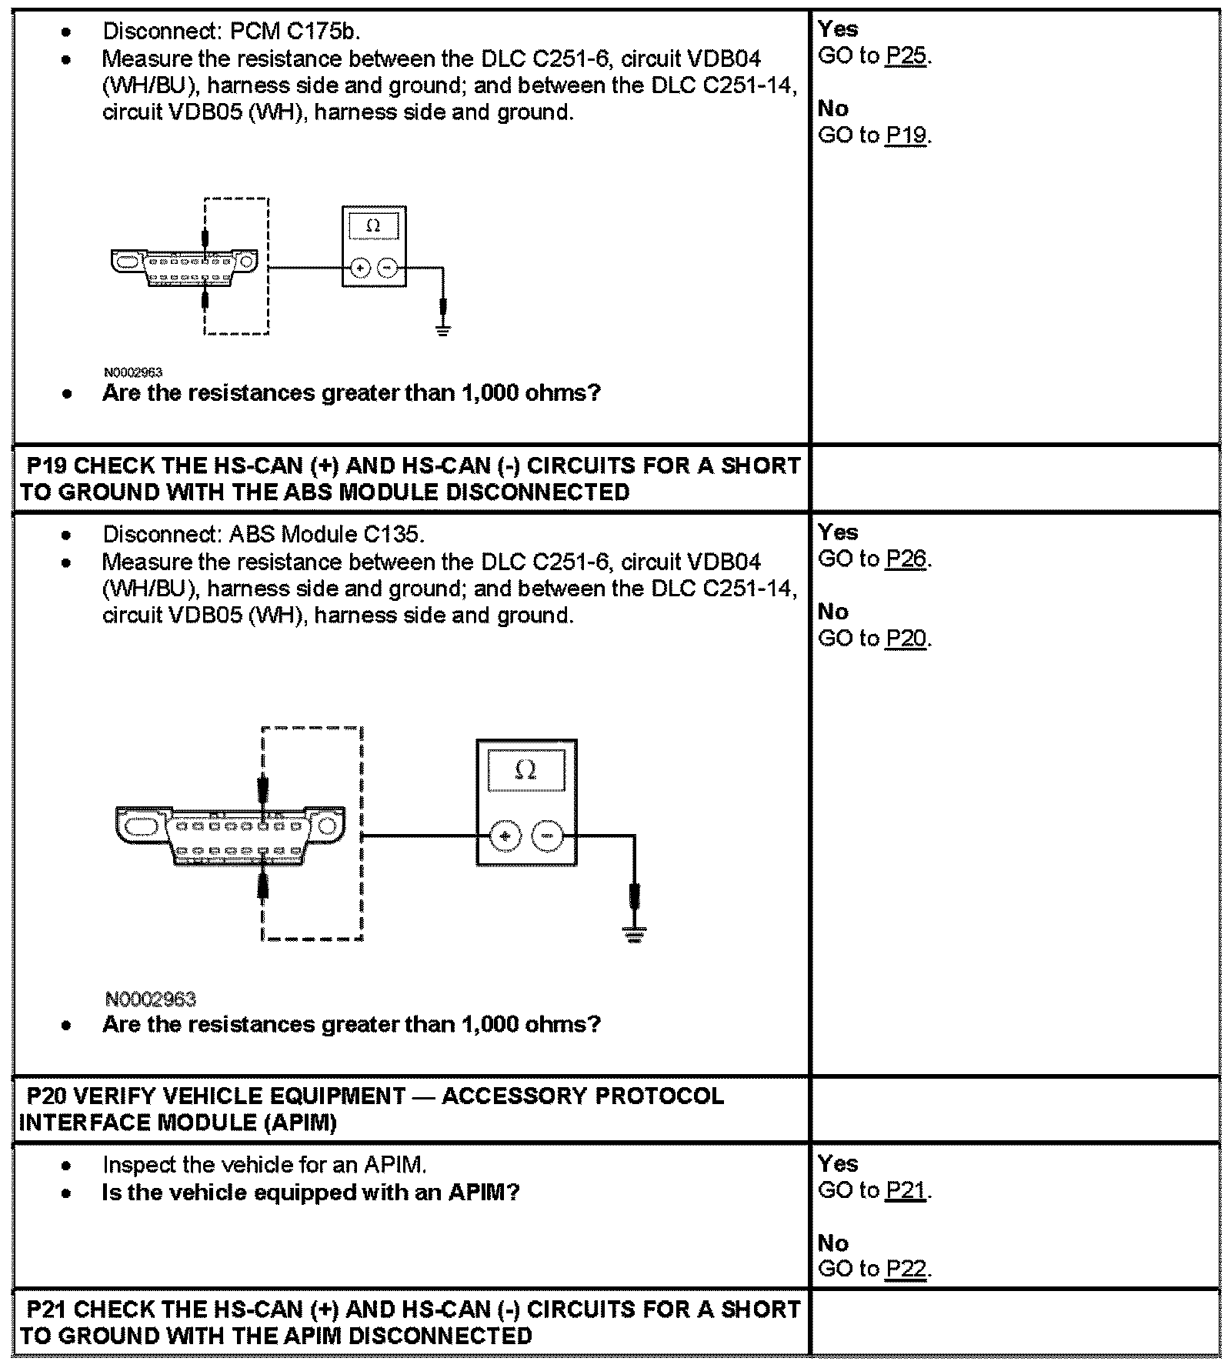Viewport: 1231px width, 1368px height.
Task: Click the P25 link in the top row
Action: click(x=905, y=56)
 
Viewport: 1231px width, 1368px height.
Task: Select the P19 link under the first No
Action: click(x=905, y=135)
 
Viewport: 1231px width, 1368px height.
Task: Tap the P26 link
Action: click(x=905, y=559)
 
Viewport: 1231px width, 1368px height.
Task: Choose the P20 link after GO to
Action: click(x=905, y=639)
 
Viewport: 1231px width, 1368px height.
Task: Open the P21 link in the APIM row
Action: click(x=905, y=1190)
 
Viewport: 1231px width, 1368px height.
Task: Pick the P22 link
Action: click(x=905, y=1270)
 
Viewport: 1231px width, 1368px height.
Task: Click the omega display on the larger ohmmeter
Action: click(x=526, y=769)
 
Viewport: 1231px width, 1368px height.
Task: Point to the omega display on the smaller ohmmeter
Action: click(x=373, y=226)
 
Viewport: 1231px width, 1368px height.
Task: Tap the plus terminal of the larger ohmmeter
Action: click(x=505, y=836)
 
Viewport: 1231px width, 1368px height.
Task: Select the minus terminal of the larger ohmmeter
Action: click(x=547, y=836)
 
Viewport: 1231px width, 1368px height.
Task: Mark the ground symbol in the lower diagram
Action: click(x=634, y=934)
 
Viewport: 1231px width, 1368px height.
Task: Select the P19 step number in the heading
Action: click(x=47, y=466)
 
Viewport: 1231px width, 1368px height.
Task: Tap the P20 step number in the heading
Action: click(x=47, y=1096)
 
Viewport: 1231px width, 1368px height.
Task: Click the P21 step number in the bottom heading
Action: click(x=47, y=1310)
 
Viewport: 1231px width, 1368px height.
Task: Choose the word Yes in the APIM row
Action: click(x=838, y=1163)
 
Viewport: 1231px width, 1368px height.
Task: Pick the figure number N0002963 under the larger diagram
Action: click(x=151, y=999)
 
